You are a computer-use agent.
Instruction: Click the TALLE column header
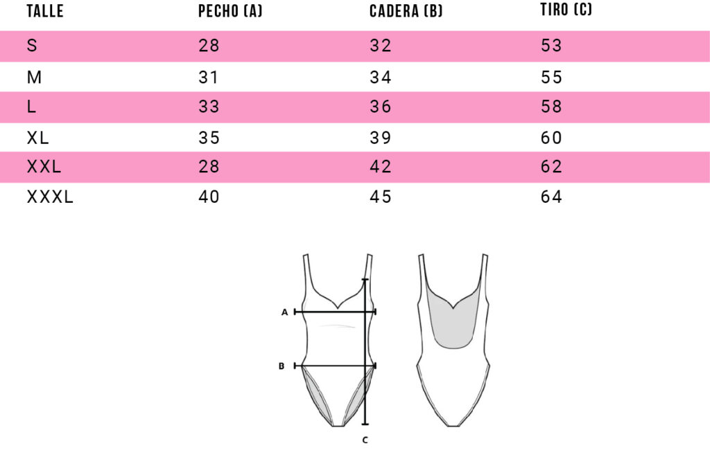click(45, 11)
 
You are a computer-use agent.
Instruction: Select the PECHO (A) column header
click(230, 11)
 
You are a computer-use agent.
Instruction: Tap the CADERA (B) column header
click(406, 11)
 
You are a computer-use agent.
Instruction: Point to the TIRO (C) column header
click(566, 9)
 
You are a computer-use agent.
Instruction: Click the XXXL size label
click(50, 197)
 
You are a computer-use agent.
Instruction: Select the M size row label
click(34, 78)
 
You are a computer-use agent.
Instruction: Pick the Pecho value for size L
click(209, 107)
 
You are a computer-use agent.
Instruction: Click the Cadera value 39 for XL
click(381, 137)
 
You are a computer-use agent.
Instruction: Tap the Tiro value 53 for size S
click(551, 45)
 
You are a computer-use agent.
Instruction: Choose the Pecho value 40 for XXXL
click(209, 197)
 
